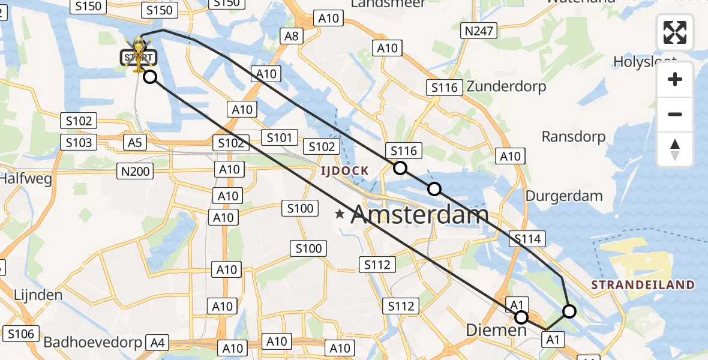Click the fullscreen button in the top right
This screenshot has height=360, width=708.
pyautogui.click(x=675, y=32)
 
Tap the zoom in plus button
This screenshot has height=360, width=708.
pyautogui.click(x=675, y=80)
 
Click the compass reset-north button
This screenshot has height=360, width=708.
pyautogui.click(x=675, y=149)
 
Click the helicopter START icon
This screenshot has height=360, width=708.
pyautogui.click(x=139, y=54)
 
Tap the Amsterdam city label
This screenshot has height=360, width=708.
pyautogui.click(x=419, y=215)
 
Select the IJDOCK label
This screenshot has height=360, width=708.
pyautogui.click(x=344, y=170)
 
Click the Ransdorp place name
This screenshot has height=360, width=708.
pyautogui.click(x=573, y=137)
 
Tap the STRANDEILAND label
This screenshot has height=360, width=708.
pyautogui.click(x=643, y=285)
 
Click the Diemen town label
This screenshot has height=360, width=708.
pyautogui.click(x=496, y=331)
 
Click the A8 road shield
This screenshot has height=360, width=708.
pyautogui.click(x=292, y=37)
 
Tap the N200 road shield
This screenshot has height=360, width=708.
pyautogui.click(x=135, y=172)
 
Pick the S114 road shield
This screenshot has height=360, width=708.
pyautogui.click(x=528, y=239)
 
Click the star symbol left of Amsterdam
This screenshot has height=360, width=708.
pyautogui.click(x=340, y=214)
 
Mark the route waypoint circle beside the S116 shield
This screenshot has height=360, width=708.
pyautogui.click(x=400, y=168)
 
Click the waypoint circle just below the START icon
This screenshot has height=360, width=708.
pyautogui.click(x=150, y=77)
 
